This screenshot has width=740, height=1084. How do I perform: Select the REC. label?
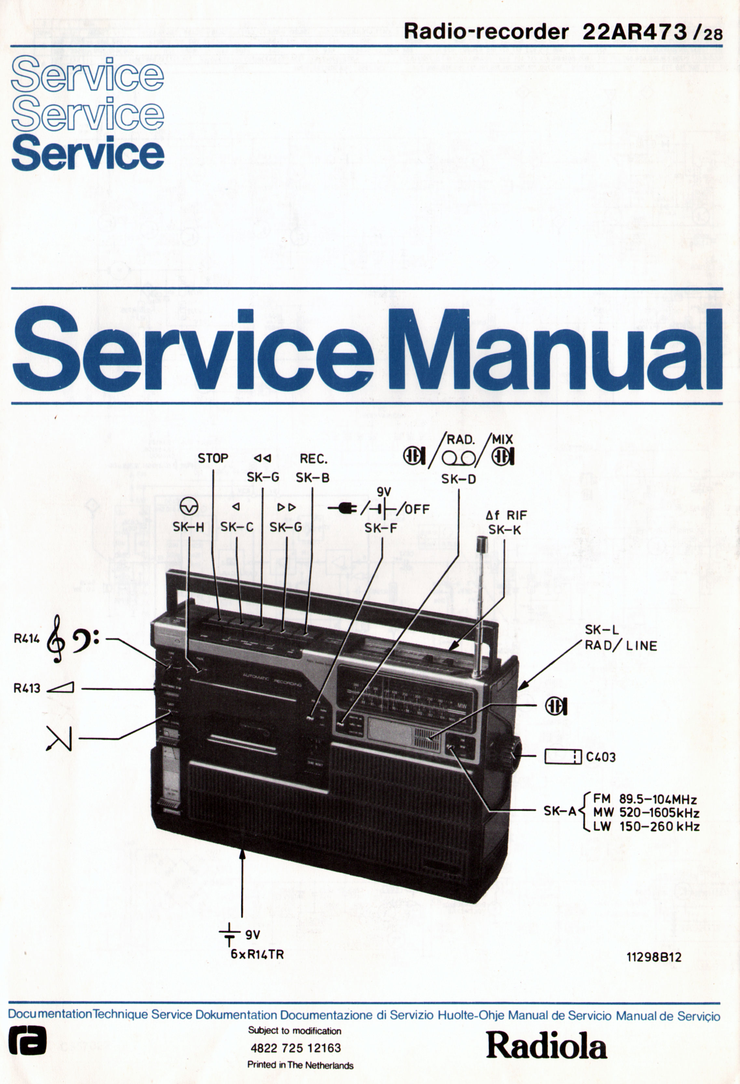[x=313, y=459]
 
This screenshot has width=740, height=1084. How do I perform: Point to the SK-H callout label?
[x=188, y=527]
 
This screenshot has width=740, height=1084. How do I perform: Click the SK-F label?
[x=380, y=528]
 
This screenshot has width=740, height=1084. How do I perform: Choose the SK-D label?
[x=459, y=479]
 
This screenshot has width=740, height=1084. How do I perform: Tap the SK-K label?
[x=505, y=530]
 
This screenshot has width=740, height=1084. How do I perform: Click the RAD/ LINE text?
[x=621, y=646]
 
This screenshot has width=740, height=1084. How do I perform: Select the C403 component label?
[x=601, y=757]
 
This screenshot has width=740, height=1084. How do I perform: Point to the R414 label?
[x=27, y=639]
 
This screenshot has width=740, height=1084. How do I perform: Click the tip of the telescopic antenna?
[x=481, y=544]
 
